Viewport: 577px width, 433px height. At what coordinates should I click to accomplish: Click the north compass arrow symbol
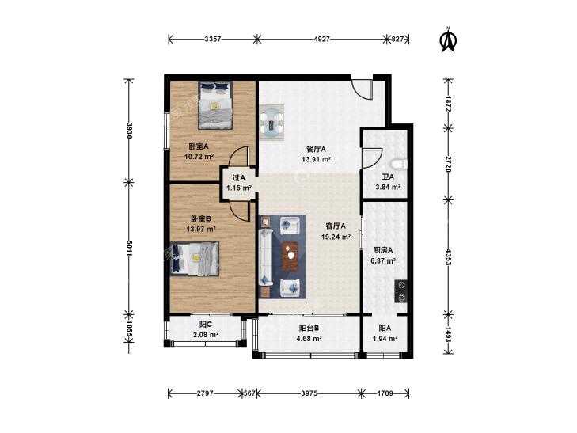click(x=448, y=40)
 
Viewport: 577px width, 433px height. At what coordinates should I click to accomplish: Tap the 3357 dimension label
click(x=213, y=39)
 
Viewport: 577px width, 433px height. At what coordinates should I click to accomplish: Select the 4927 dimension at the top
click(x=321, y=39)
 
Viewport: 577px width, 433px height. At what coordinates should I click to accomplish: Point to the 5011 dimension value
click(x=129, y=249)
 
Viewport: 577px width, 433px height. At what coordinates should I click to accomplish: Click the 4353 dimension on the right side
click(x=448, y=256)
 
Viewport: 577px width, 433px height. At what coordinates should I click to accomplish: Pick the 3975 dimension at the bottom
click(x=309, y=393)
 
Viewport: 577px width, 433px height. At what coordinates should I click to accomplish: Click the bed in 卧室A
click(x=215, y=104)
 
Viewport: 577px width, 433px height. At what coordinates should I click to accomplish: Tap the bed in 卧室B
click(x=195, y=259)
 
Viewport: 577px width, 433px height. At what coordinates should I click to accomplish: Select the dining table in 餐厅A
click(x=272, y=123)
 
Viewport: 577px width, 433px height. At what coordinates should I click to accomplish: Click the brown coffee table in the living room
click(x=290, y=256)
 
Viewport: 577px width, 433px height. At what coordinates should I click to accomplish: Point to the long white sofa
click(x=265, y=256)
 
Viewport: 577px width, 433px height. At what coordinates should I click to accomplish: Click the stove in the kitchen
click(x=401, y=291)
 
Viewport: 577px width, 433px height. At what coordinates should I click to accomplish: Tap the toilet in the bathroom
click(x=400, y=164)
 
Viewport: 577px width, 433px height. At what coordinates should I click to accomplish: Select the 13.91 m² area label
click(x=316, y=159)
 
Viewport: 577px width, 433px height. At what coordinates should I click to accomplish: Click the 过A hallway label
click(x=238, y=177)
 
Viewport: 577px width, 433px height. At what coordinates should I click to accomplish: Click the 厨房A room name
click(x=383, y=250)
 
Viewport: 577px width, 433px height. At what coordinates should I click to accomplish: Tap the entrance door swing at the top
click(x=362, y=89)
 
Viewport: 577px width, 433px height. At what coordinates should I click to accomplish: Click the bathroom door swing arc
click(x=373, y=158)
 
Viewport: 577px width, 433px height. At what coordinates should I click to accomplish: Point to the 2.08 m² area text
click(x=206, y=335)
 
